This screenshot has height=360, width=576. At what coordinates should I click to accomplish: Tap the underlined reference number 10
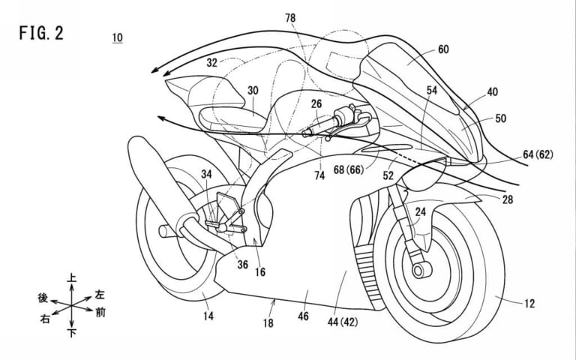118,37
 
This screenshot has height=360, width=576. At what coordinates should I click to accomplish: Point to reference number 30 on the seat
253,91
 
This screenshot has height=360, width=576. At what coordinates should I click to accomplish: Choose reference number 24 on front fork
420,212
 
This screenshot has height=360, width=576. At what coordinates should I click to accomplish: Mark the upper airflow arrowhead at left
153,71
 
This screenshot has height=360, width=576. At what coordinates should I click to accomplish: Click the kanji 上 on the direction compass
72,278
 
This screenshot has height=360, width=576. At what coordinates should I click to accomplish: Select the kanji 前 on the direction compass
99,308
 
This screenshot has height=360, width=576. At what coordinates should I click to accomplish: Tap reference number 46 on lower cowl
304,316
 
